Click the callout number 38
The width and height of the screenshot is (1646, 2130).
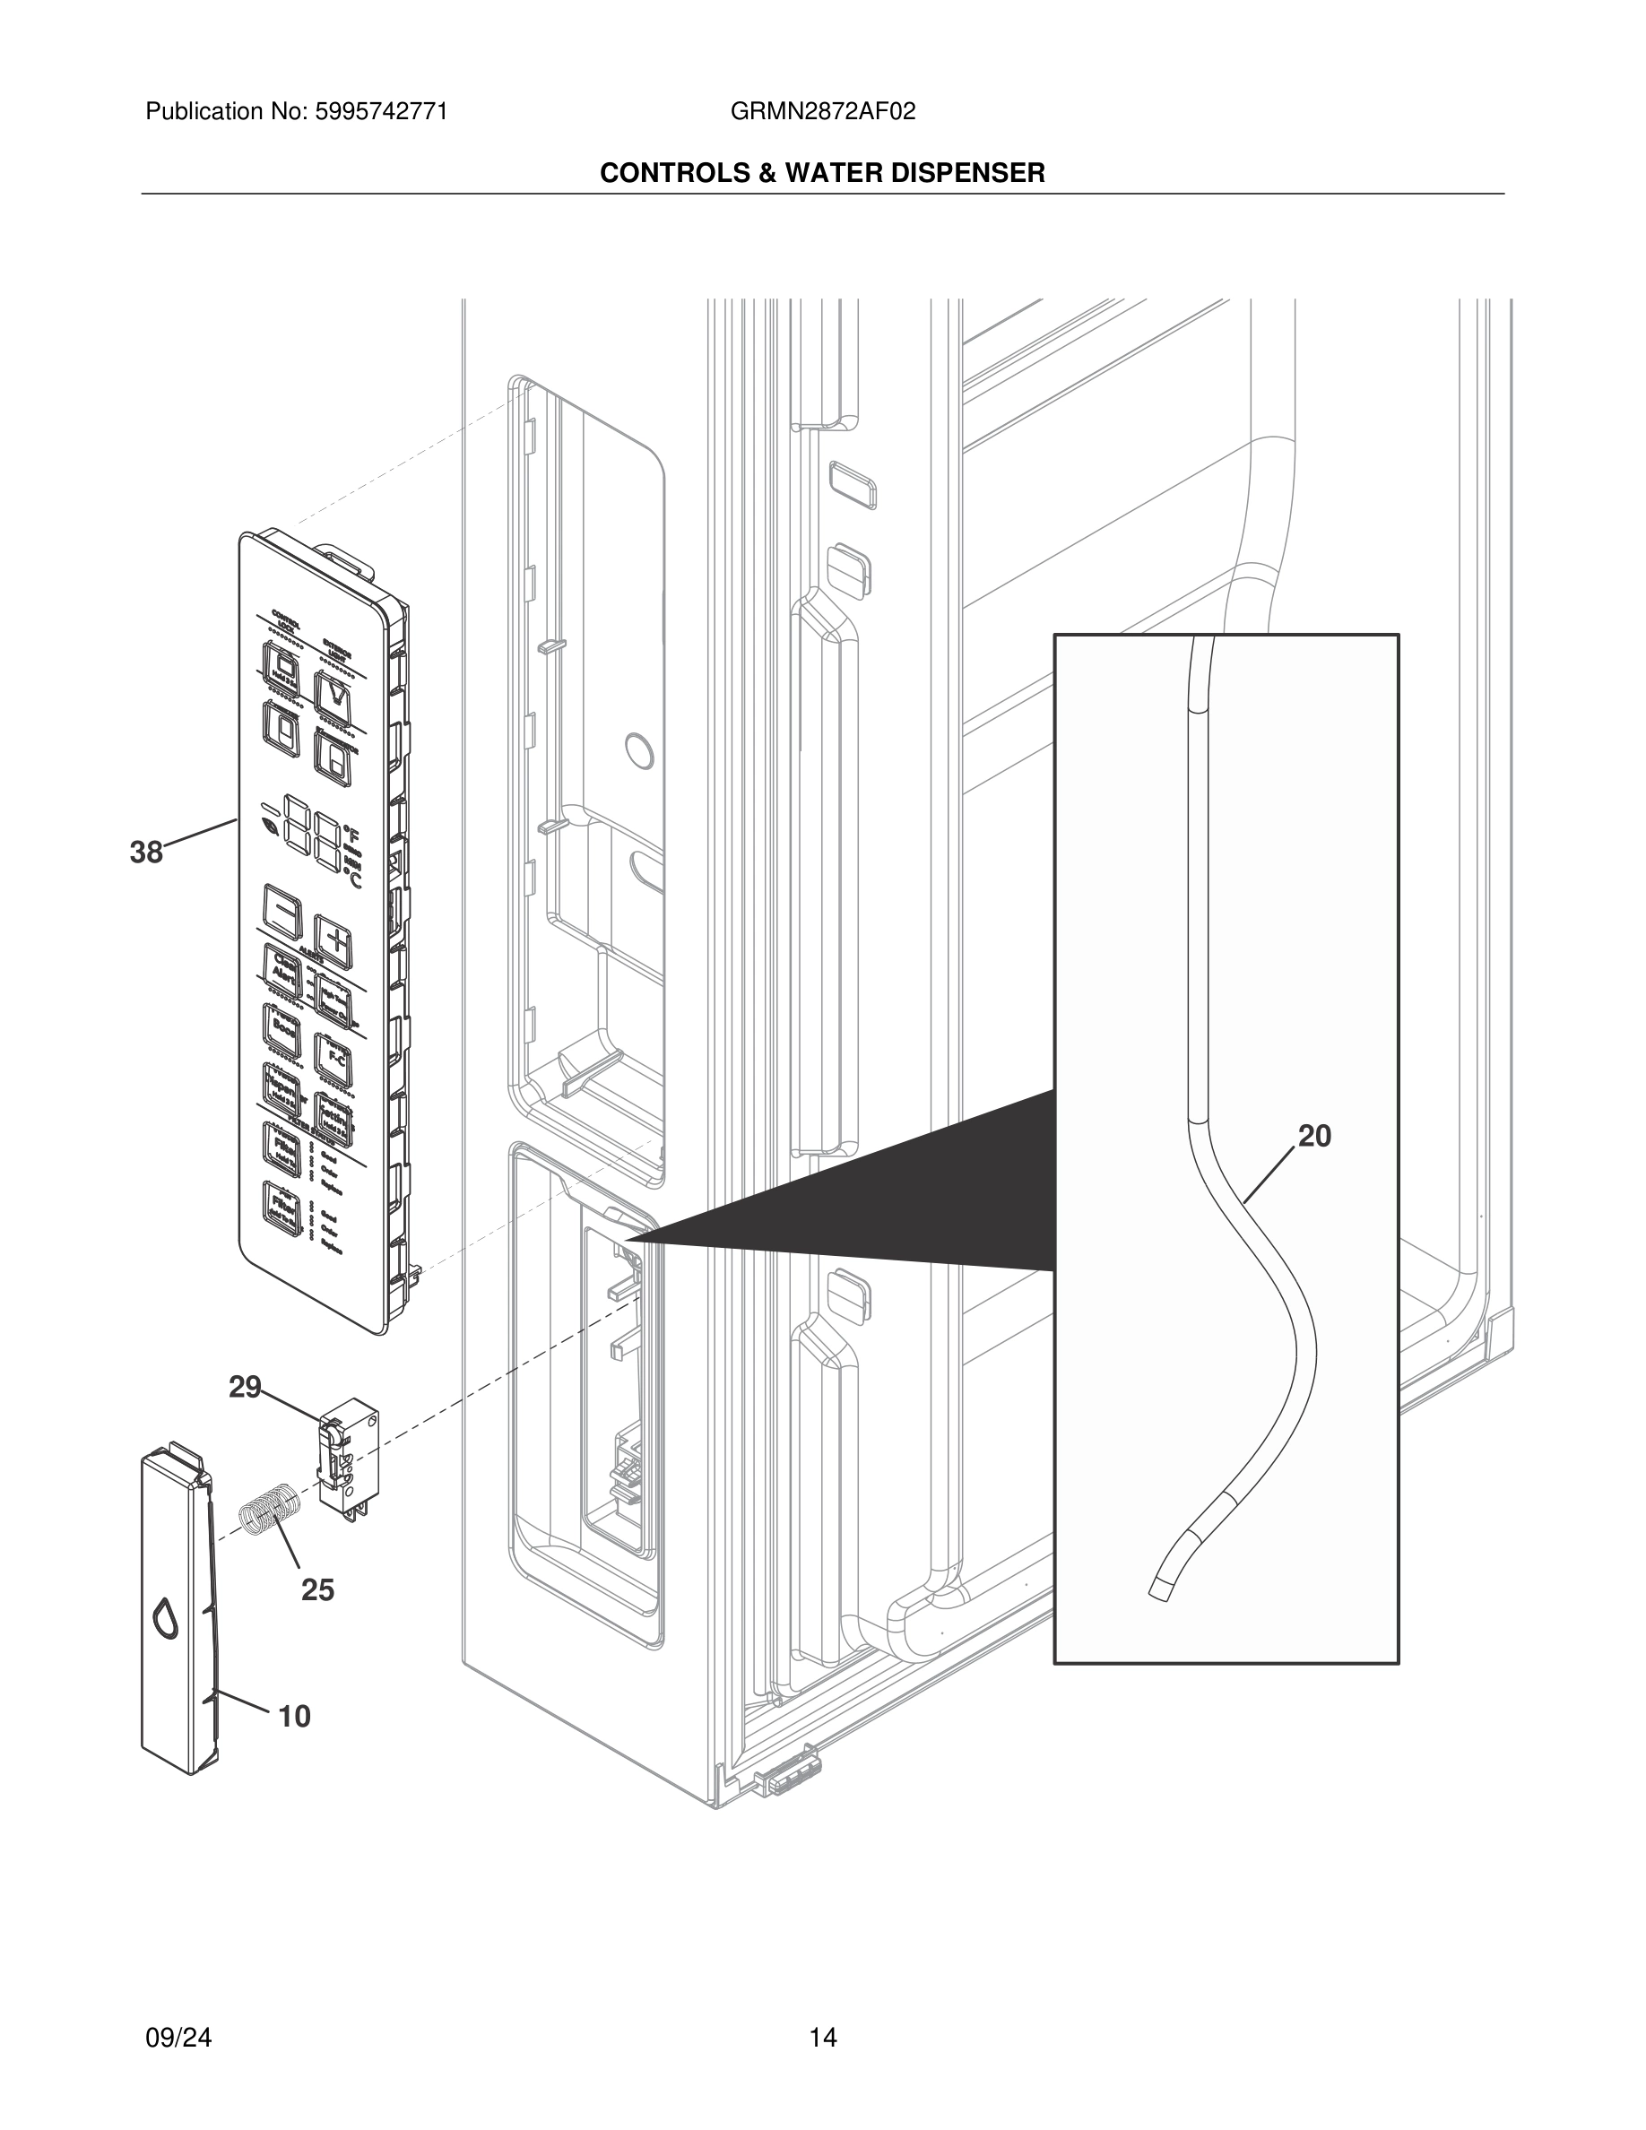click(146, 853)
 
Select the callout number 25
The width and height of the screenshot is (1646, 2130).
click(316, 1590)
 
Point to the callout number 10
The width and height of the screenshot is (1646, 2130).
click(294, 1716)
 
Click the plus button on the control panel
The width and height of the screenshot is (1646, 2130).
click(334, 941)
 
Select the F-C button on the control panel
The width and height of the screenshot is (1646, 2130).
click(334, 1061)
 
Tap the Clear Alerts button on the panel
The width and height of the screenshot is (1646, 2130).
click(282, 968)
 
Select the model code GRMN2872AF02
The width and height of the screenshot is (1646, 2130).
click(822, 112)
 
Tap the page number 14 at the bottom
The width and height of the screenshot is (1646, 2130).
click(822, 2038)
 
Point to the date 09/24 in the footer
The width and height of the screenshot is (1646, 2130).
click(178, 2038)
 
